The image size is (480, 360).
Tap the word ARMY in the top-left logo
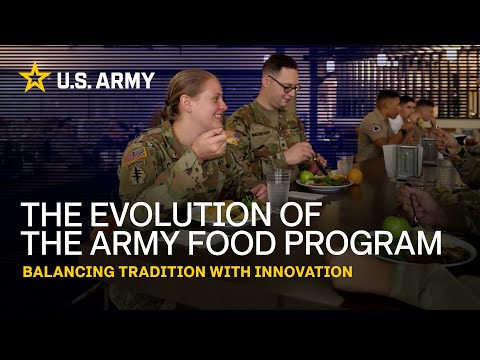(127, 79)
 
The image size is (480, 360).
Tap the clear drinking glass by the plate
(279, 187)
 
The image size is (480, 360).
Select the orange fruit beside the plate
(355, 176)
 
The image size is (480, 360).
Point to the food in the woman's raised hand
(232, 140)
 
